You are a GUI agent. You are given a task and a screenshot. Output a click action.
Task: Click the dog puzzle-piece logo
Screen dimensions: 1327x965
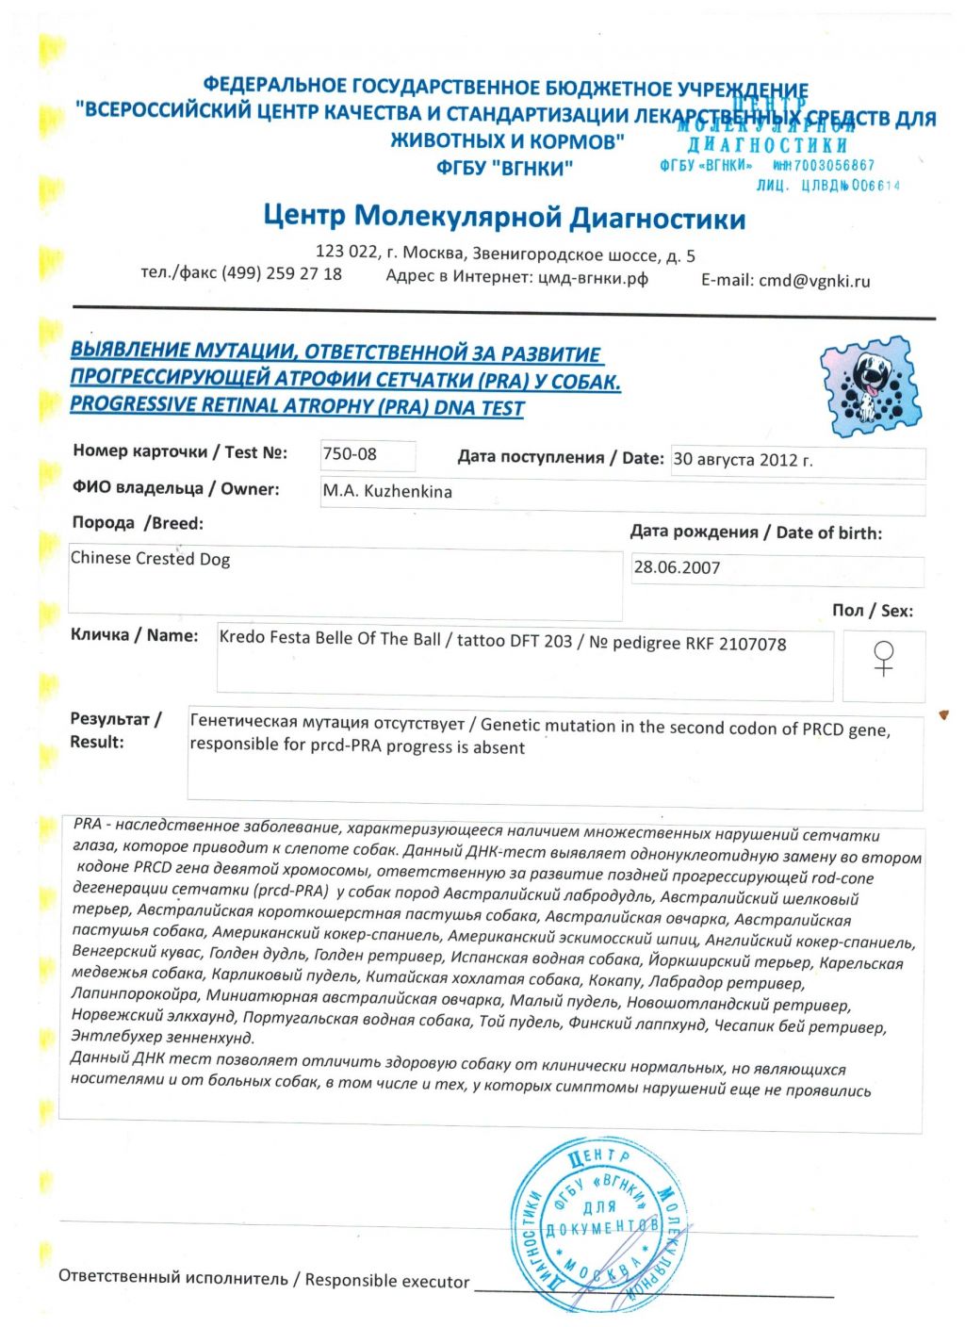tap(870, 385)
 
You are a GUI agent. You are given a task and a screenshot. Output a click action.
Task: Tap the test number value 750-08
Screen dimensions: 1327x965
tap(350, 454)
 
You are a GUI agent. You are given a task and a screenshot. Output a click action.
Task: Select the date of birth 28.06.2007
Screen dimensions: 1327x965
tap(677, 567)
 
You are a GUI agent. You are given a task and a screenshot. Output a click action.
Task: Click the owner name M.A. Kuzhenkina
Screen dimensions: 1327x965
tap(387, 491)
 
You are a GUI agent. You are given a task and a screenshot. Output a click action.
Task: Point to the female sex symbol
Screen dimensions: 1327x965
tap(883, 657)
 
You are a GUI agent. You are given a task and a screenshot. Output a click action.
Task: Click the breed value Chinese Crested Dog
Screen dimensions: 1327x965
tap(150, 558)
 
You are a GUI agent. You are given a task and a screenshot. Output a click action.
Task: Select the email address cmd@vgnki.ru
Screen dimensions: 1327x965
tap(814, 280)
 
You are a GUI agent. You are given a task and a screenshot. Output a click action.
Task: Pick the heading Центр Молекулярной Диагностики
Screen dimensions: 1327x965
tap(504, 218)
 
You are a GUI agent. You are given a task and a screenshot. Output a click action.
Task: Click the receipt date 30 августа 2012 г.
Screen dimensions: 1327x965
tap(743, 460)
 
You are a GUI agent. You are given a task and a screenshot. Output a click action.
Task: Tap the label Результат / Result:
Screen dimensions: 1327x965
tap(115, 730)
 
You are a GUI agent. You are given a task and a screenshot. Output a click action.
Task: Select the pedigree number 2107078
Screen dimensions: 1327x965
tap(752, 644)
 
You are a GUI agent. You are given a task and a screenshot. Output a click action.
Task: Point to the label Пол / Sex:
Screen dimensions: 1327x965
tap(872, 611)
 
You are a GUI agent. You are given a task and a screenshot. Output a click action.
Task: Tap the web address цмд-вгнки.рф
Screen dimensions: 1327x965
tap(593, 277)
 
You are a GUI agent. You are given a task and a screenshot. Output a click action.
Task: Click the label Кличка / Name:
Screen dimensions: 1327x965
tap(134, 636)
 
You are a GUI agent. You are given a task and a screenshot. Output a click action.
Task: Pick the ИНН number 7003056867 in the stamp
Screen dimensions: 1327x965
tap(834, 165)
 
